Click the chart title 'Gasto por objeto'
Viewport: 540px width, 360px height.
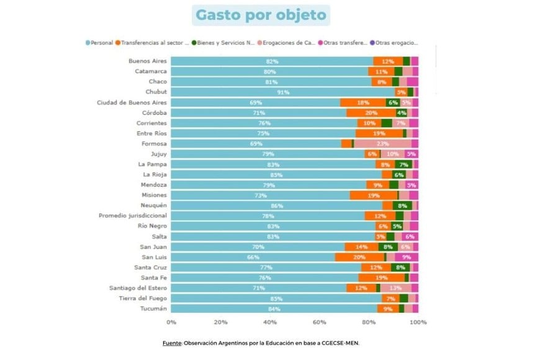tap(261, 15)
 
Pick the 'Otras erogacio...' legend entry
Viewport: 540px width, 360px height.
tap(396, 43)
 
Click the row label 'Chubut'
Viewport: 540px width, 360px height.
tap(153, 92)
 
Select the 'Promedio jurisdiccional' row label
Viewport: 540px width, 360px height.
tap(132, 215)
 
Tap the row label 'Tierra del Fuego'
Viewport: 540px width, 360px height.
tap(142, 298)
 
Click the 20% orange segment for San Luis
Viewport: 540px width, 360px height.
tap(359, 257)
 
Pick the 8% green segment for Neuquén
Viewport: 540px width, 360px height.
tap(403, 205)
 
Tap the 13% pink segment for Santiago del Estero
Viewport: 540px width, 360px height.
tap(395, 288)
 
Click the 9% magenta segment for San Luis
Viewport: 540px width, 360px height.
tap(407, 257)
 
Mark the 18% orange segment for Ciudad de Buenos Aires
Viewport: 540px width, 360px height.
tap(362, 102)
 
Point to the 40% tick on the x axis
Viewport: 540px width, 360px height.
tap(270, 322)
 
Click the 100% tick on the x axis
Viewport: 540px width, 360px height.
tap(418, 322)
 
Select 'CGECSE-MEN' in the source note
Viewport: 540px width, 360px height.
tap(338, 342)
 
